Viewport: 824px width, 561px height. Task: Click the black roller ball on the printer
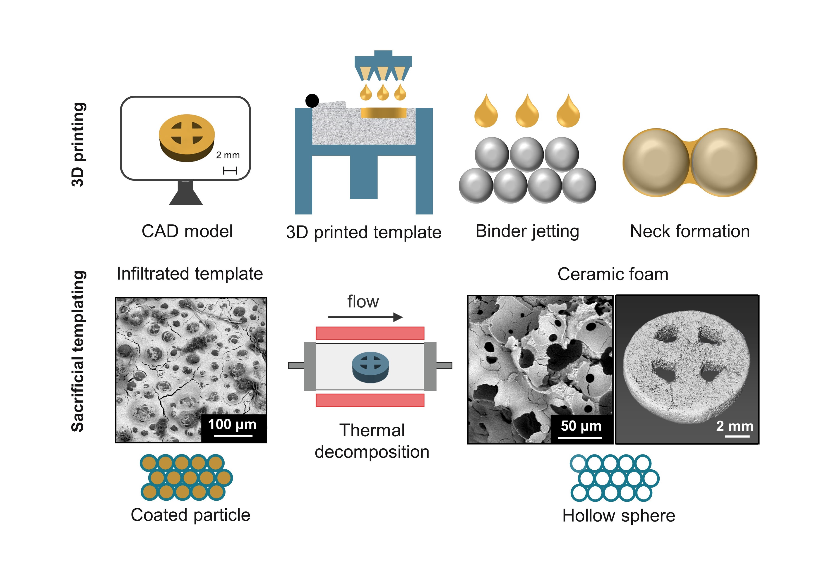point(312,101)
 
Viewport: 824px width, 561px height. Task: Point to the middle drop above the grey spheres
point(527,113)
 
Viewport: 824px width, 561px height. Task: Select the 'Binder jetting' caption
point(527,231)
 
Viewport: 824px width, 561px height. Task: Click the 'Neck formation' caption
point(690,231)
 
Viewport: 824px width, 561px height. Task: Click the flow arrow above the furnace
point(365,317)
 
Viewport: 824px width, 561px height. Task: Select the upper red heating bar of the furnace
point(370,333)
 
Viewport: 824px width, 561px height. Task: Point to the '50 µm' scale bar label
point(581,426)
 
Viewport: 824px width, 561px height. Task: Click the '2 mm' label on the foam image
point(734,426)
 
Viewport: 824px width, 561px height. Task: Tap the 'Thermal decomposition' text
point(372,441)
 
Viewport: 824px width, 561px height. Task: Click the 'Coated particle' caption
point(190,515)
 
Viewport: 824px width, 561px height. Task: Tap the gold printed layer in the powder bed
point(383,113)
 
